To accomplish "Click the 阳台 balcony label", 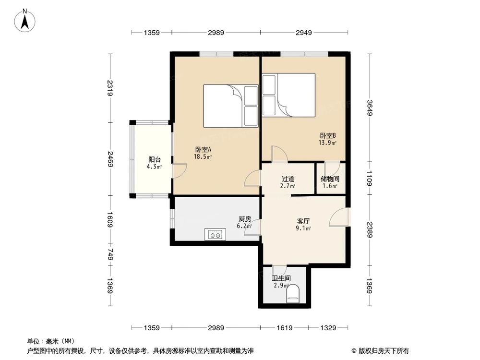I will pos(154,163).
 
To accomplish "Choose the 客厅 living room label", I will pos(303,225).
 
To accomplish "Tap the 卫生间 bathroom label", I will pos(281,281).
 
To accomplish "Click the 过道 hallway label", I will pos(288,182).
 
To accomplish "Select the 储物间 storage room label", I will pos(329,182).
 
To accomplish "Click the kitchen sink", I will pos(215,235).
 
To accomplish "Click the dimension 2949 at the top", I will pos(303,33).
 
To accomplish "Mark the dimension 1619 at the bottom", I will pos(285,328).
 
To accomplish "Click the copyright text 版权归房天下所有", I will pos(383,350).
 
